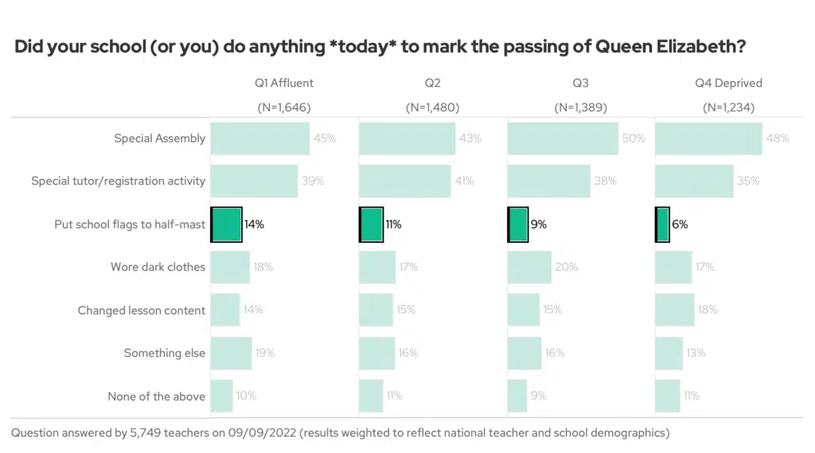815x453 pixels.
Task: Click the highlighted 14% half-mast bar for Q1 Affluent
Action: click(x=227, y=225)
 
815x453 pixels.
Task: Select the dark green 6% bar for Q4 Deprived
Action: click(x=662, y=225)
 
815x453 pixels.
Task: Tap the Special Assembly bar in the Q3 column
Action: click(x=563, y=139)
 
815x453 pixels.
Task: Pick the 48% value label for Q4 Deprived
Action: click(x=778, y=139)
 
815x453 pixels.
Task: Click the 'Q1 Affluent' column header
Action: click(x=284, y=83)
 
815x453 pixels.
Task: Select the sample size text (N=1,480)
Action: click(x=432, y=107)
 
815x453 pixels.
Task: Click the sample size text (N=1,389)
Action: click(x=580, y=107)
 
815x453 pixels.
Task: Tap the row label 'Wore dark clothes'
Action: click(x=158, y=268)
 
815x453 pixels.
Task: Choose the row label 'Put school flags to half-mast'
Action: click(x=130, y=225)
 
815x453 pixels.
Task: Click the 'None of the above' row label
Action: click(x=157, y=396)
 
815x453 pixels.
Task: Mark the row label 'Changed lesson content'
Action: click(x=142, y=310)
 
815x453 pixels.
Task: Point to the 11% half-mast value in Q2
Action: click(x=393, y=225)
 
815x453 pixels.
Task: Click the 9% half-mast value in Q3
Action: click(x=539, y=225)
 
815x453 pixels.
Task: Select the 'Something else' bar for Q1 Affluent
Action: click(x=231, y=353)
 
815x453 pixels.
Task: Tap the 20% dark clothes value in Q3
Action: click(x=567, y=268)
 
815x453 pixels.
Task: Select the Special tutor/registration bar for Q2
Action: click(x=405, y=182)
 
